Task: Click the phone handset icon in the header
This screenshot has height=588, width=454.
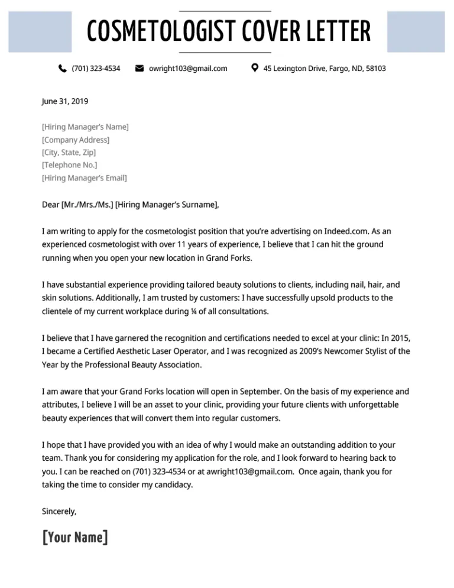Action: click(63, 69)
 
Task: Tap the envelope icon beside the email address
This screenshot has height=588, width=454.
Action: click(140, 69)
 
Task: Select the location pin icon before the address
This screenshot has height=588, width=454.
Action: click(254, 68)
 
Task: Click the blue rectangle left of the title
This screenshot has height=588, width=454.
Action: click(40, 32)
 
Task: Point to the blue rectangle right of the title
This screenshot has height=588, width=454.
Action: click(416, 32)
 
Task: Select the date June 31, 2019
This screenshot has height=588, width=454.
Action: click(65, 102)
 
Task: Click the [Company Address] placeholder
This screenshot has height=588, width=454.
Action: click(76, 140)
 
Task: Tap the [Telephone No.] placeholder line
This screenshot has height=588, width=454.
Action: click(70, 165)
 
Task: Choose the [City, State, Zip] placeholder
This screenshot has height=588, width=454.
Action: click(69, 153)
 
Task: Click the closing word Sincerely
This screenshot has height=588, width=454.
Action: click(59, 511)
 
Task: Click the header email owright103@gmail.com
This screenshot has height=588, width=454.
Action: click(188, 69)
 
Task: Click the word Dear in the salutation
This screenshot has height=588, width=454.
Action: click(50, 205)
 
